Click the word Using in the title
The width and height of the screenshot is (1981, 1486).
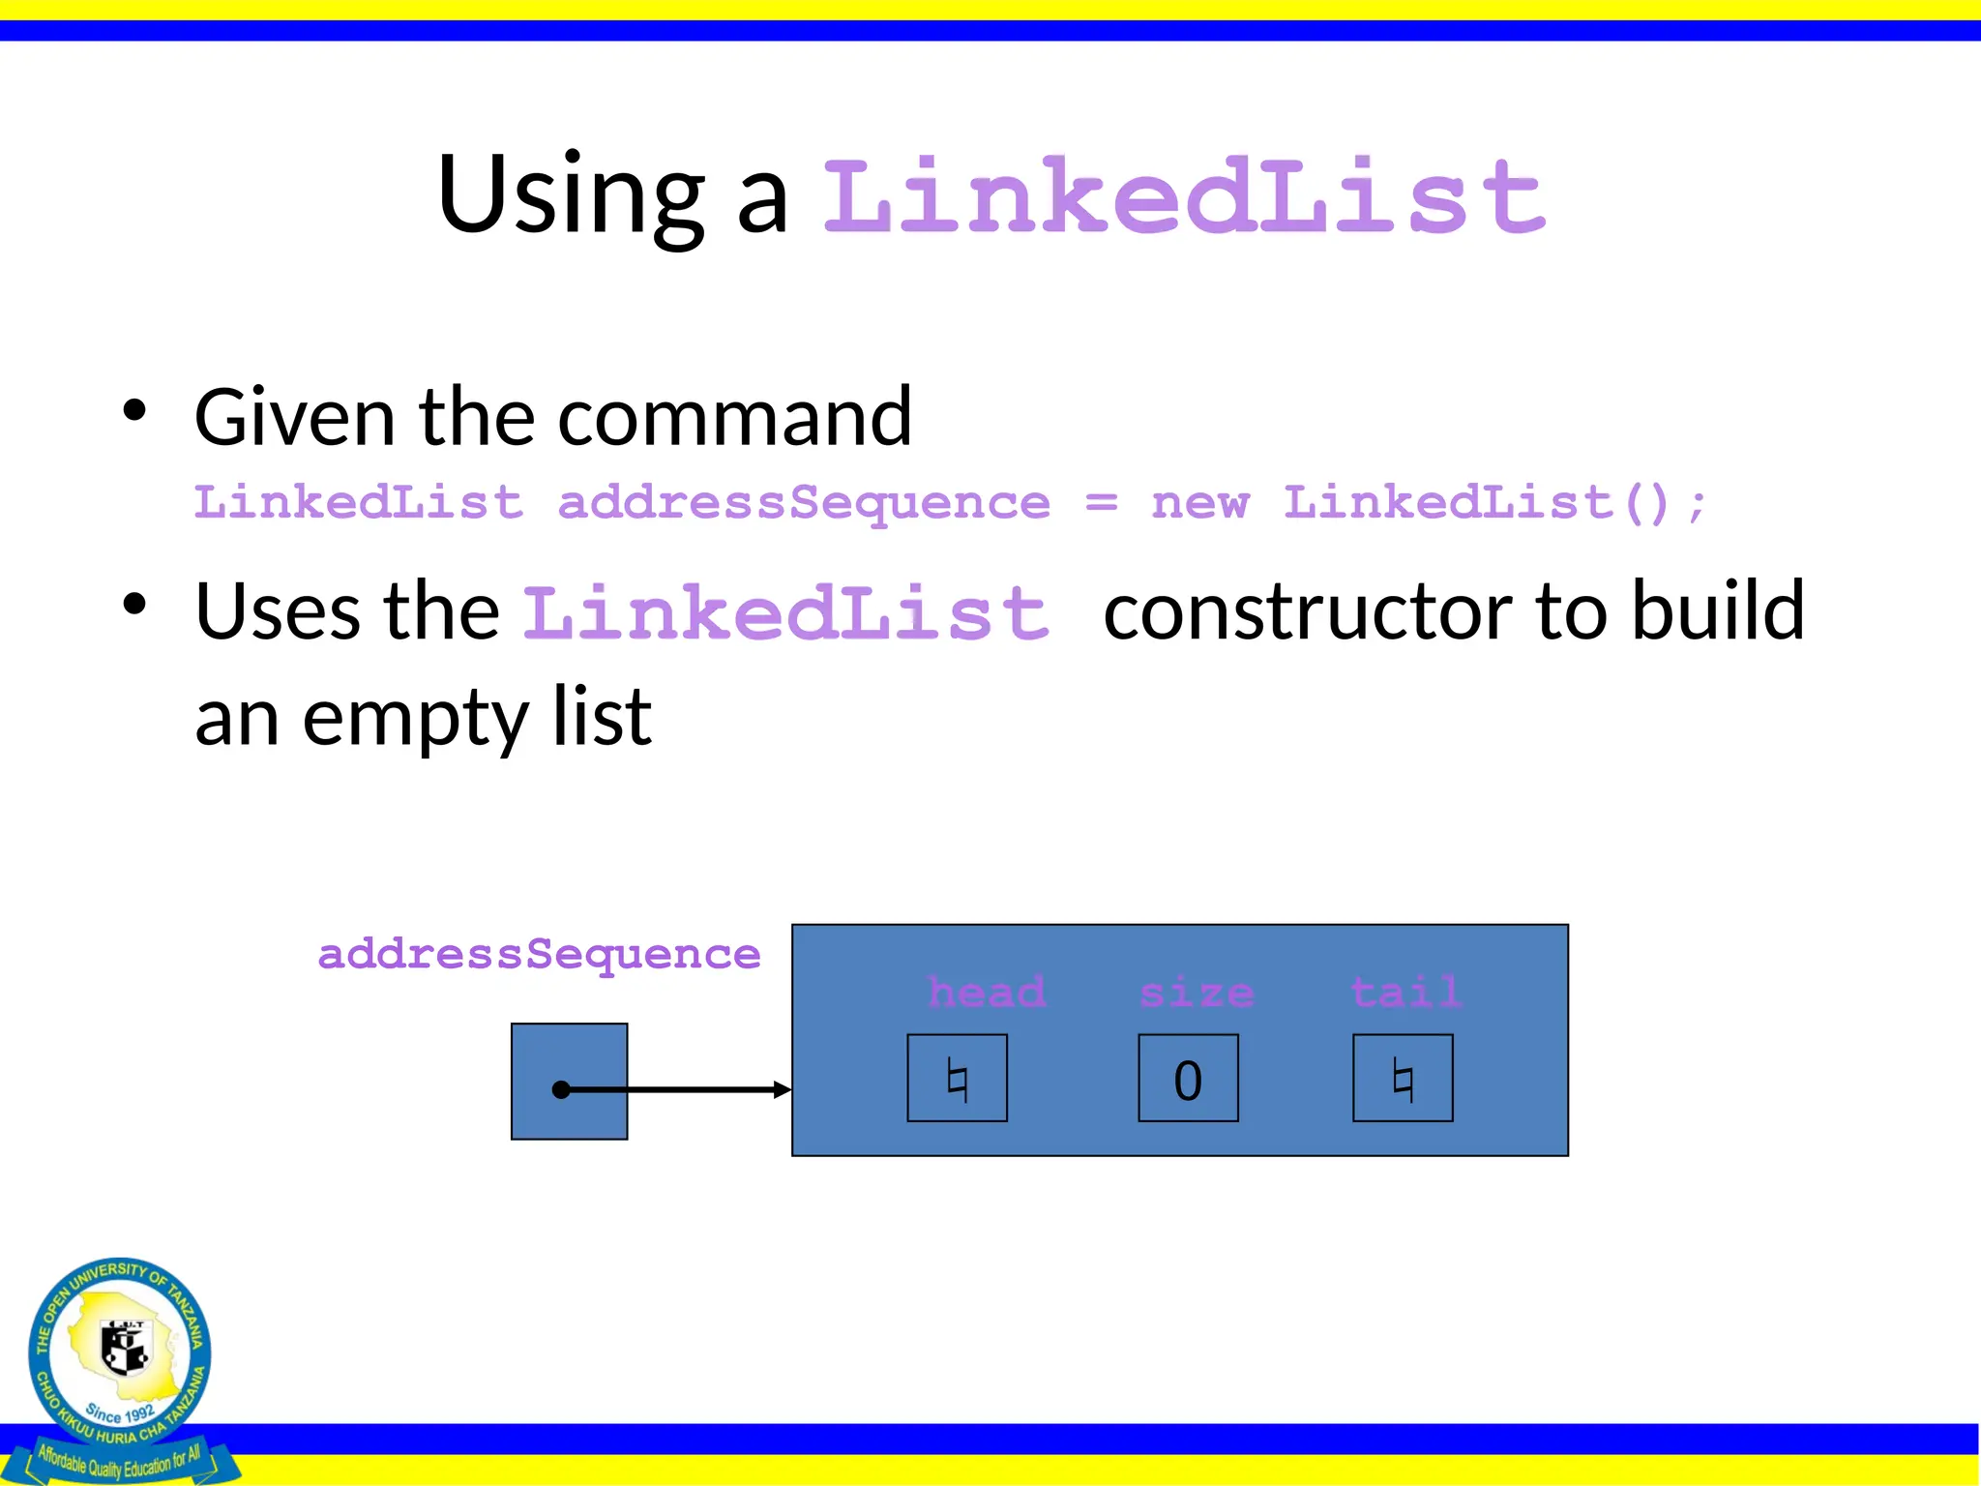click(571, 195)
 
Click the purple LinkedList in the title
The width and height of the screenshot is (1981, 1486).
click(1184, 197)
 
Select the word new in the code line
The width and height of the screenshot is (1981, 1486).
click(1199, 503)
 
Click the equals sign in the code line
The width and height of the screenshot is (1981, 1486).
click(1101, 503)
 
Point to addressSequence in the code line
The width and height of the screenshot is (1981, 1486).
click(804, 503)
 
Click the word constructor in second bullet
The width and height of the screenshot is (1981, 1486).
click(1307, 611)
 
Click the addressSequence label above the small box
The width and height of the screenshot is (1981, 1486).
click(539, 955)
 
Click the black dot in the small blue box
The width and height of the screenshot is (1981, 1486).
click(561, 1090)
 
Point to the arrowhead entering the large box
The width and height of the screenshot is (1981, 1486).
click(784, 1090)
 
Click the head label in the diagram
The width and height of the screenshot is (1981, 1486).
click(986, 993)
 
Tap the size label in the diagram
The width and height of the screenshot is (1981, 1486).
click(1197, 993)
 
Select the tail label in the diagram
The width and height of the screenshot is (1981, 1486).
click(1405, 993)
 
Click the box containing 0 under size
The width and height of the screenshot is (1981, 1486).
click(1188, 1079)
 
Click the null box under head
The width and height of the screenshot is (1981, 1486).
click(957, 1079)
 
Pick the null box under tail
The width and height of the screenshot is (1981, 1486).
click(1403, 1079)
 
